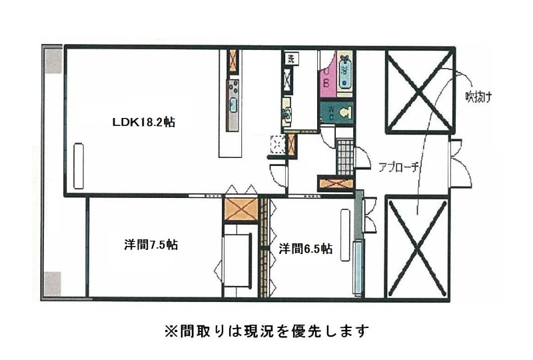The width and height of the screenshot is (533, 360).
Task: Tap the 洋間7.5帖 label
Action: click(x=151, y=245)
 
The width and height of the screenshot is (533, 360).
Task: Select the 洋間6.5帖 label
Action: click(x=306, y=249)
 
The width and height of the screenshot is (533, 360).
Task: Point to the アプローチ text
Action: click(x=398, y=167)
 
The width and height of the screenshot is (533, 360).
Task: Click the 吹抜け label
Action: click(x=478, y=98)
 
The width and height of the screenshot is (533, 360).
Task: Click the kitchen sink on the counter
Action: click(x=234, y=105)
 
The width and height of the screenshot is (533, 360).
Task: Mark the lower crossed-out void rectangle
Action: click(x=418, y=246)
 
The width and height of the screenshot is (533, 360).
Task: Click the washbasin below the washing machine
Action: click(x=287, y=113)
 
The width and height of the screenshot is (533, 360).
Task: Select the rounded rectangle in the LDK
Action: click(x=78, y=165)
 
